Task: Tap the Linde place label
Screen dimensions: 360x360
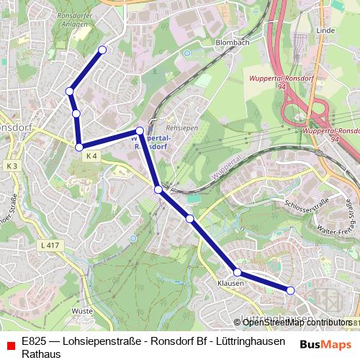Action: pyautogui.click(x=326, y=31)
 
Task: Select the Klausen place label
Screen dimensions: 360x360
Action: pyautogui.click(x=230, y=284)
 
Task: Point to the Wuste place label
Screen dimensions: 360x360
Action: pyautogui.click(x=83, y=311)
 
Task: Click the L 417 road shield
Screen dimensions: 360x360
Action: pyautogui.click(x=49, y=246)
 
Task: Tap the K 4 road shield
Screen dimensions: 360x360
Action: pyautogui.click(x=91, y=156)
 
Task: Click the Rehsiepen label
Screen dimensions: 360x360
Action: pyautogui.click(x=181, y=127)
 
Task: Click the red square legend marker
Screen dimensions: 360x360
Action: pyautogui.click(x=10, y=346)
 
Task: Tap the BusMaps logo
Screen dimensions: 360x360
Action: pyautogui.click(x=325, y=345)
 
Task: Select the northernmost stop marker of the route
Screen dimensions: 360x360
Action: pyautogui.click(x=102, y=50)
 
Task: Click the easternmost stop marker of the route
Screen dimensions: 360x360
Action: pyautogui.click(x=291, y=290)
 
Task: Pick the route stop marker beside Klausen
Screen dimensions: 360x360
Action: pyautogui.click(x=237, y=272)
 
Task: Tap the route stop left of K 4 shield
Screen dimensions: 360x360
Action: pyautogui.click(x=79, y=147)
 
